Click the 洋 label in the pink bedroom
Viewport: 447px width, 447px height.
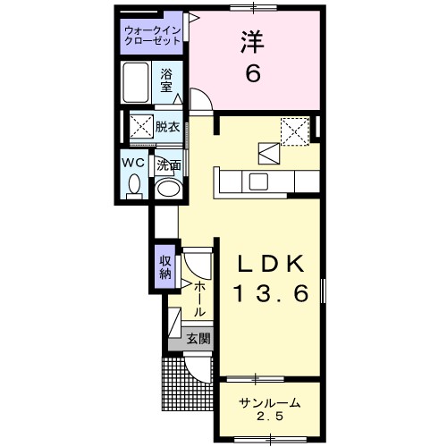pos(252,42)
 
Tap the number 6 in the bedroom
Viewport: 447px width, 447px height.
pos(253,74)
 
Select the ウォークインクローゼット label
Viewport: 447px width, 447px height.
pos(153,36)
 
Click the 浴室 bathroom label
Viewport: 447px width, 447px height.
pos(167,81)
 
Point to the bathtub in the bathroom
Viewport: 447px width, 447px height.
pos(138,84)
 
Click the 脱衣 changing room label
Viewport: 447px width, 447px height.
pos(167,126)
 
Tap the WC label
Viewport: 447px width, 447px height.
pos(134,163)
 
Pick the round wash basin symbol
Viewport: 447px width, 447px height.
pos(167,189)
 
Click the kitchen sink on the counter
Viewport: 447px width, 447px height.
pos(259,182)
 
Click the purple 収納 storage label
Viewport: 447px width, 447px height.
pos(164,267)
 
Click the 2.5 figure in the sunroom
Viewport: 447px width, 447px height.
pos(268,418)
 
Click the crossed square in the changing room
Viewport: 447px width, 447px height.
pos(140,125)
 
